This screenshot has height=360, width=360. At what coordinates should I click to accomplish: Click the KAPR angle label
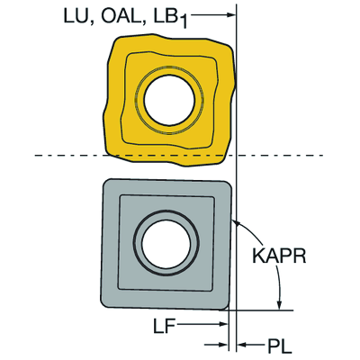pyautogui.click(x=279, y=256)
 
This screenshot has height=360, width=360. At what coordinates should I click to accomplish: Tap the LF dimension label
pyautogui.click(x=164, y=326)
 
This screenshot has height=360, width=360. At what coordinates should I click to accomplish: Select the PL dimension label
pyautogui.click(x=280, y=346)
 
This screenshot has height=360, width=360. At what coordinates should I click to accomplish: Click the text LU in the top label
pyautogui.click(x=76, y=15)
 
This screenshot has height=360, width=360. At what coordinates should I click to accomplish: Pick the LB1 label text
pyautogui.click(x=170, y=17)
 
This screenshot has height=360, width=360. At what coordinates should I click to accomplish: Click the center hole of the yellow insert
pyautogui.click(x=169, y=100)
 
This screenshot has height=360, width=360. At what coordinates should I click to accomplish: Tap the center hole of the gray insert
pyautogui.click(x=166, y=243)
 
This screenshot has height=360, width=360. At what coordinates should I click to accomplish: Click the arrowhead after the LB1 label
pyautogui.click(x=230, y=15)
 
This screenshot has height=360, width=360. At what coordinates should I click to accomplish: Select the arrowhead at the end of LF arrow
pyautogui.click(x=223, y=324)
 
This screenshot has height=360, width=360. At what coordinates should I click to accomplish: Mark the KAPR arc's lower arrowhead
pyautogui.click(x=280, y=304)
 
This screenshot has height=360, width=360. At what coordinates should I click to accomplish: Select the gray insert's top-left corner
pyautogui.click(x=105, y=181)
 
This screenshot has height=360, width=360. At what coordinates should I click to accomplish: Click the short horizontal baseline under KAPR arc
pyautogui.click(x=256, y=310)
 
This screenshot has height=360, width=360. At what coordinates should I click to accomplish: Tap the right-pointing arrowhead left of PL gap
pyautogui.click(x=223, y=346)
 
